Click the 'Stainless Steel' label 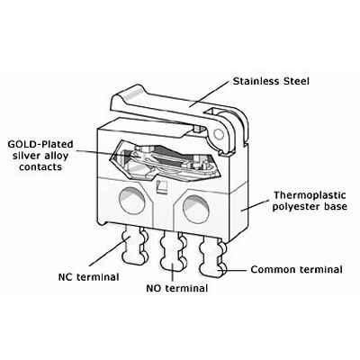271,81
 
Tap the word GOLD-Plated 40,144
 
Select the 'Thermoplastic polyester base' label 310,201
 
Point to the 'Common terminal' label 296,269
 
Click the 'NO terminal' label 177,288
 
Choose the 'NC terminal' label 88,276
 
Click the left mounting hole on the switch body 132,200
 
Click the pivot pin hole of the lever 220,134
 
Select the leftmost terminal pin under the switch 135,245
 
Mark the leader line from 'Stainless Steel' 209,94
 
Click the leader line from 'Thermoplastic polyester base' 255,204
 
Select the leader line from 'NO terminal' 173,273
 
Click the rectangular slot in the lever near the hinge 211,112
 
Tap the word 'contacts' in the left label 40,166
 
